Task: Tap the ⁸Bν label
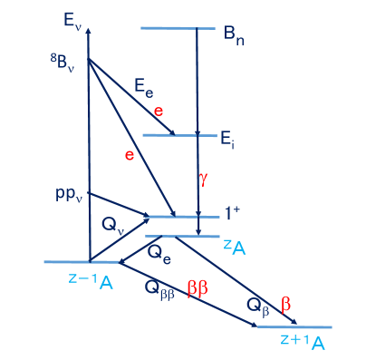[67, 63]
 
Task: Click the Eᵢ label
[229, 140]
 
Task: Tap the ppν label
[69, 195]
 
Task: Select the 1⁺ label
[234, 215]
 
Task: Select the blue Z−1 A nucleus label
[91, 279]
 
